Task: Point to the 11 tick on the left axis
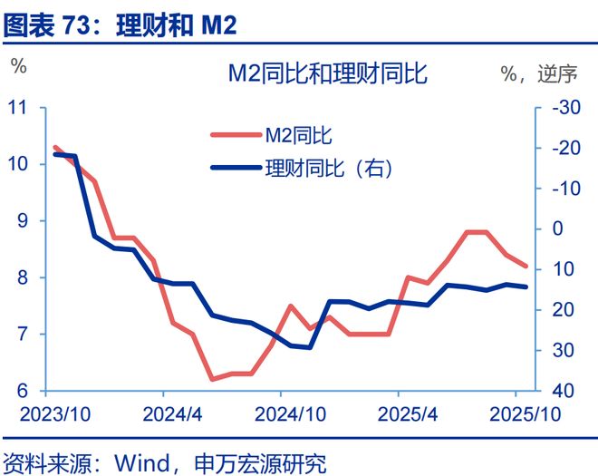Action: tap(18, 107)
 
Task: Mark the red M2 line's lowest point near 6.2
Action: tap(213, 379)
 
